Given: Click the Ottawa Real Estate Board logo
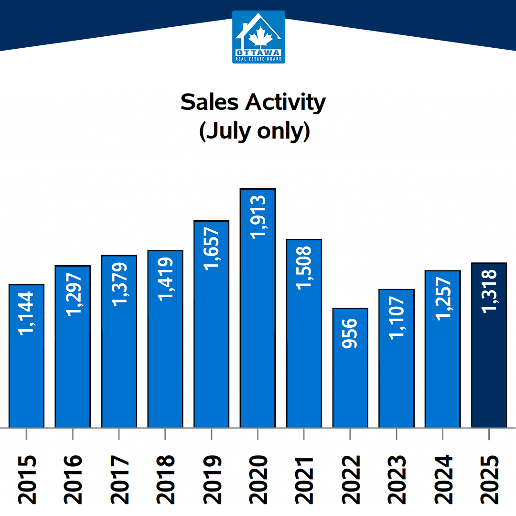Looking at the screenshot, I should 258,37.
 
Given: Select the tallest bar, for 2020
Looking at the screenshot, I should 258,334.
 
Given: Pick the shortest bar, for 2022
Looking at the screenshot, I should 350,382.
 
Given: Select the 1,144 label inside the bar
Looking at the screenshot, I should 27,313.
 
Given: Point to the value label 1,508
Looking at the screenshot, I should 304,267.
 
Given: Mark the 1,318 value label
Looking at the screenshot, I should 489,291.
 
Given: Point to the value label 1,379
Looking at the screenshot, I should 119,283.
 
